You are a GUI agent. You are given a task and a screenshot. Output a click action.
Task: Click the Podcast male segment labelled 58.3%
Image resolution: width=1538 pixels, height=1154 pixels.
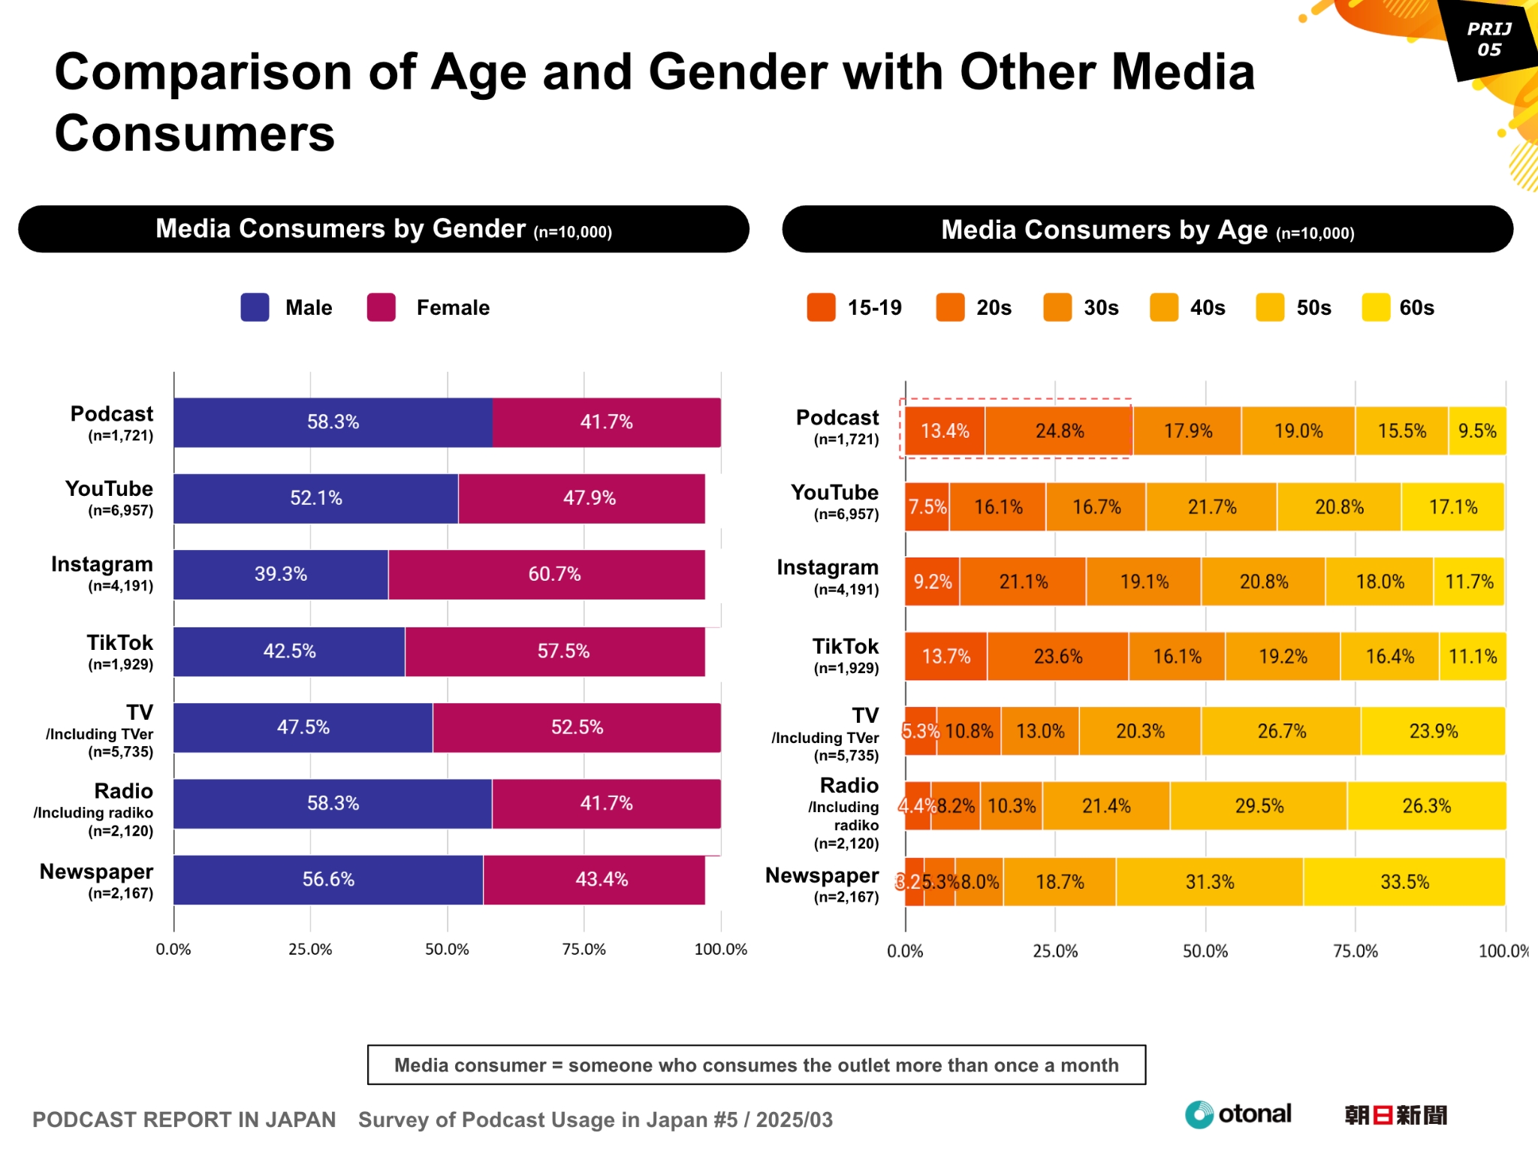333,422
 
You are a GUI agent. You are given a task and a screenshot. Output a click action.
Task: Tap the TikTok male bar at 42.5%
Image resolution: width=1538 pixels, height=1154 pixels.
289,651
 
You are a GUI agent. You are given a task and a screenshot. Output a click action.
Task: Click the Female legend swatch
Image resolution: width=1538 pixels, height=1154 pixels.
381,307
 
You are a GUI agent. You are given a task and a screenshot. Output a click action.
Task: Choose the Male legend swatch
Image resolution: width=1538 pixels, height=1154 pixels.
255,307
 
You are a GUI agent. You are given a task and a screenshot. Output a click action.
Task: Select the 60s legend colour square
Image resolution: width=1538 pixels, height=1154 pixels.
1376,307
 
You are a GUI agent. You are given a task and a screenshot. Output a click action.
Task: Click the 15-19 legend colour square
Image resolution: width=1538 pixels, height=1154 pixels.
821,307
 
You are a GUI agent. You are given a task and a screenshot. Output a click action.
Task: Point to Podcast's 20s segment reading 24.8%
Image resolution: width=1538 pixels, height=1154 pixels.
1059,431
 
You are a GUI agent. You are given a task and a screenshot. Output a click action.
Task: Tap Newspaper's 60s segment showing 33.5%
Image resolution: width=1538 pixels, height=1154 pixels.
1404,882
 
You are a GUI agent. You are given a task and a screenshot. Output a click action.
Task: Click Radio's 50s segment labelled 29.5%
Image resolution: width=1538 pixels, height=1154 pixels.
1259,806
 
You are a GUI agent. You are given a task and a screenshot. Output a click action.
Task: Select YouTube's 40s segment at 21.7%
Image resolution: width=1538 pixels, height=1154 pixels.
1211,507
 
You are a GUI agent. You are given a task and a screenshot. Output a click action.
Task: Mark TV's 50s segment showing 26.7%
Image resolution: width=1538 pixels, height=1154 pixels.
1281,731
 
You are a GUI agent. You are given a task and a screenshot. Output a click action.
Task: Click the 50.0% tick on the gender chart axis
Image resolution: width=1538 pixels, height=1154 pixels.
447,950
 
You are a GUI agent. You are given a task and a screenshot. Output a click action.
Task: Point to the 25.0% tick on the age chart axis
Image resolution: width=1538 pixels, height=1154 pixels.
1055,952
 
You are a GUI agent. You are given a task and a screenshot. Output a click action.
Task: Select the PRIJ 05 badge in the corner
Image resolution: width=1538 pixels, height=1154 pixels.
1488,39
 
